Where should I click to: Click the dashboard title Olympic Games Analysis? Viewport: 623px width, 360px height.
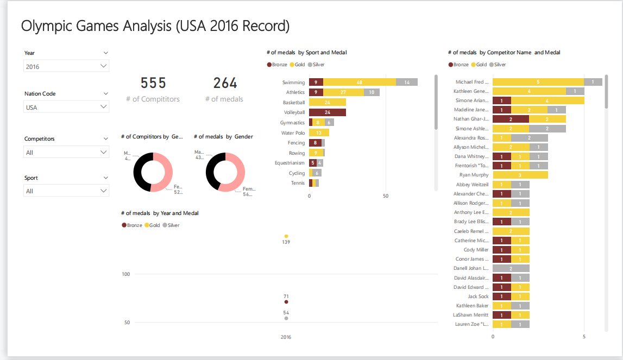155,26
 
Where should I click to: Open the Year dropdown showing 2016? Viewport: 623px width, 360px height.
66,66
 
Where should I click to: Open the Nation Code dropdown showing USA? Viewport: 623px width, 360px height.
66,107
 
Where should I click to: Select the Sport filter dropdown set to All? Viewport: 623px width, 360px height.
66,191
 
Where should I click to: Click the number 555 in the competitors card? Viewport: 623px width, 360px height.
153,83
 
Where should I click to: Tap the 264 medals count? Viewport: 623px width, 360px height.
225,83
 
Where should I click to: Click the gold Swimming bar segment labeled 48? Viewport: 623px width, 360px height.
360,82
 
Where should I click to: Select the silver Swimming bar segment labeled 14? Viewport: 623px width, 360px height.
407,82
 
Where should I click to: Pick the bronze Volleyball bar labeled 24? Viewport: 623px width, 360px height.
328,112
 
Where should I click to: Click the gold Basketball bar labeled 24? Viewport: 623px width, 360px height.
328,103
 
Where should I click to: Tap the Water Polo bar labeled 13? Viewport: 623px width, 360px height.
319,132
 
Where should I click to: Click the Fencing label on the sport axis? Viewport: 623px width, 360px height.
296,143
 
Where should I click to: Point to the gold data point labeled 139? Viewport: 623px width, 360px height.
286,236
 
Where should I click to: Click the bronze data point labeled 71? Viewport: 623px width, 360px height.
286,302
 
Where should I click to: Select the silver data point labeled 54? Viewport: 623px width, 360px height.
286,318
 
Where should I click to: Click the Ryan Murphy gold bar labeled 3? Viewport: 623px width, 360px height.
520,175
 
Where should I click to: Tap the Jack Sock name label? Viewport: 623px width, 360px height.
478,296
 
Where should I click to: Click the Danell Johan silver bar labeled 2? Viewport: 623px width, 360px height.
511,268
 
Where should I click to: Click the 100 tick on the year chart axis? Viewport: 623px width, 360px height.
125,274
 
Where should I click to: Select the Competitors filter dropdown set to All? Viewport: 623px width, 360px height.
66,152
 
